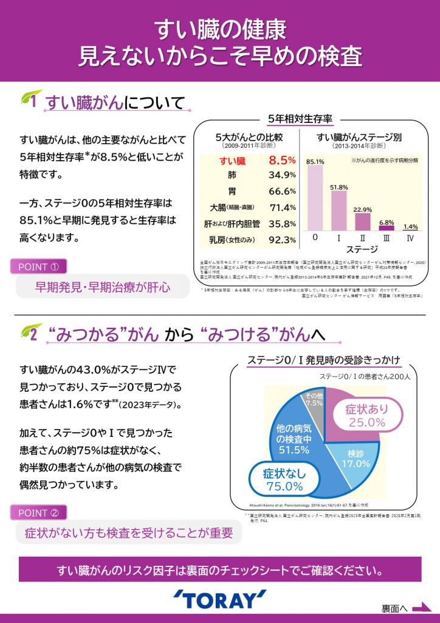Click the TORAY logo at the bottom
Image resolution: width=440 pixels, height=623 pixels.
coord(219,599)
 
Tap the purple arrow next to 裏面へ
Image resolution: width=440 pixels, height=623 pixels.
coord(421,607)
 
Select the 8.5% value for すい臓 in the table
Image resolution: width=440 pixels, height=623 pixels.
coord(281,161)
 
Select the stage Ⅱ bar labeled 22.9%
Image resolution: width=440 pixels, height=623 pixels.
coord(363,221)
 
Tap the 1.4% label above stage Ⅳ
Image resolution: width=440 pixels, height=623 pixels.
coord(410,226)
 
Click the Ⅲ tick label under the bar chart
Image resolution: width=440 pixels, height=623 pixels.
coord(387,237)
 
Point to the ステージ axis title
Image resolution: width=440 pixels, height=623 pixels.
coord(362,249)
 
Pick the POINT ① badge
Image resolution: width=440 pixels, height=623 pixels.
coord(38,266)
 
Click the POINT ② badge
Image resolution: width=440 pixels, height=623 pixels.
coord(38,512)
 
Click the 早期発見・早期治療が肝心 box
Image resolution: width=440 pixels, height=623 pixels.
coord(94,286)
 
